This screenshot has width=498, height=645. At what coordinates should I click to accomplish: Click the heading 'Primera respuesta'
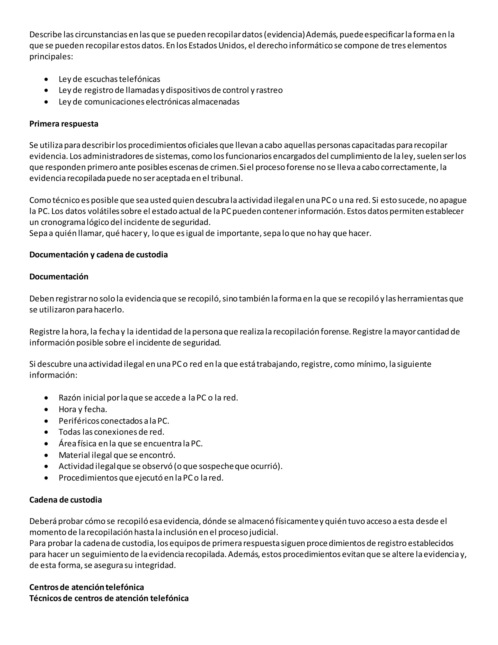tap(64, 123)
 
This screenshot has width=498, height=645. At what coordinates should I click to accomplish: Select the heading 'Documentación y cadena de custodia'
tap(98, 255)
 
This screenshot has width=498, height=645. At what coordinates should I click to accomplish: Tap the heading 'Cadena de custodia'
tap(65, 500)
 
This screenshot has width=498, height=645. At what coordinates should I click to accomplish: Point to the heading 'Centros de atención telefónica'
tap(86, 587)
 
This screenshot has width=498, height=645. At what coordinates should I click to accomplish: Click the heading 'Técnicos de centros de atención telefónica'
tap(109, 598)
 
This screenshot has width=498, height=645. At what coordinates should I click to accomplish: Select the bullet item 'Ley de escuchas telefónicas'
tap(109, 79)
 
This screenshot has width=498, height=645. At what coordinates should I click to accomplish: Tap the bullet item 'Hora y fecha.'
tap(83, 409)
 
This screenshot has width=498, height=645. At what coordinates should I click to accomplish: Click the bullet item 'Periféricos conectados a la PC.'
tap(114, 421)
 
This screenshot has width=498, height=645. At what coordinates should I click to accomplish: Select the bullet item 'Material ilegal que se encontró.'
tap(117, 455)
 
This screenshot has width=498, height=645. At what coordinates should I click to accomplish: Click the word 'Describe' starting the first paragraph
tap(45, 35)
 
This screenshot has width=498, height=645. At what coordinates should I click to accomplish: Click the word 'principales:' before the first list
tap(51, 56)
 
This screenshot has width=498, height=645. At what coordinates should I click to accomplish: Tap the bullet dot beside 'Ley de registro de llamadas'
tap(46, 90)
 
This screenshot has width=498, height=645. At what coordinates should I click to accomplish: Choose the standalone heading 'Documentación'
tap(59, 276)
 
